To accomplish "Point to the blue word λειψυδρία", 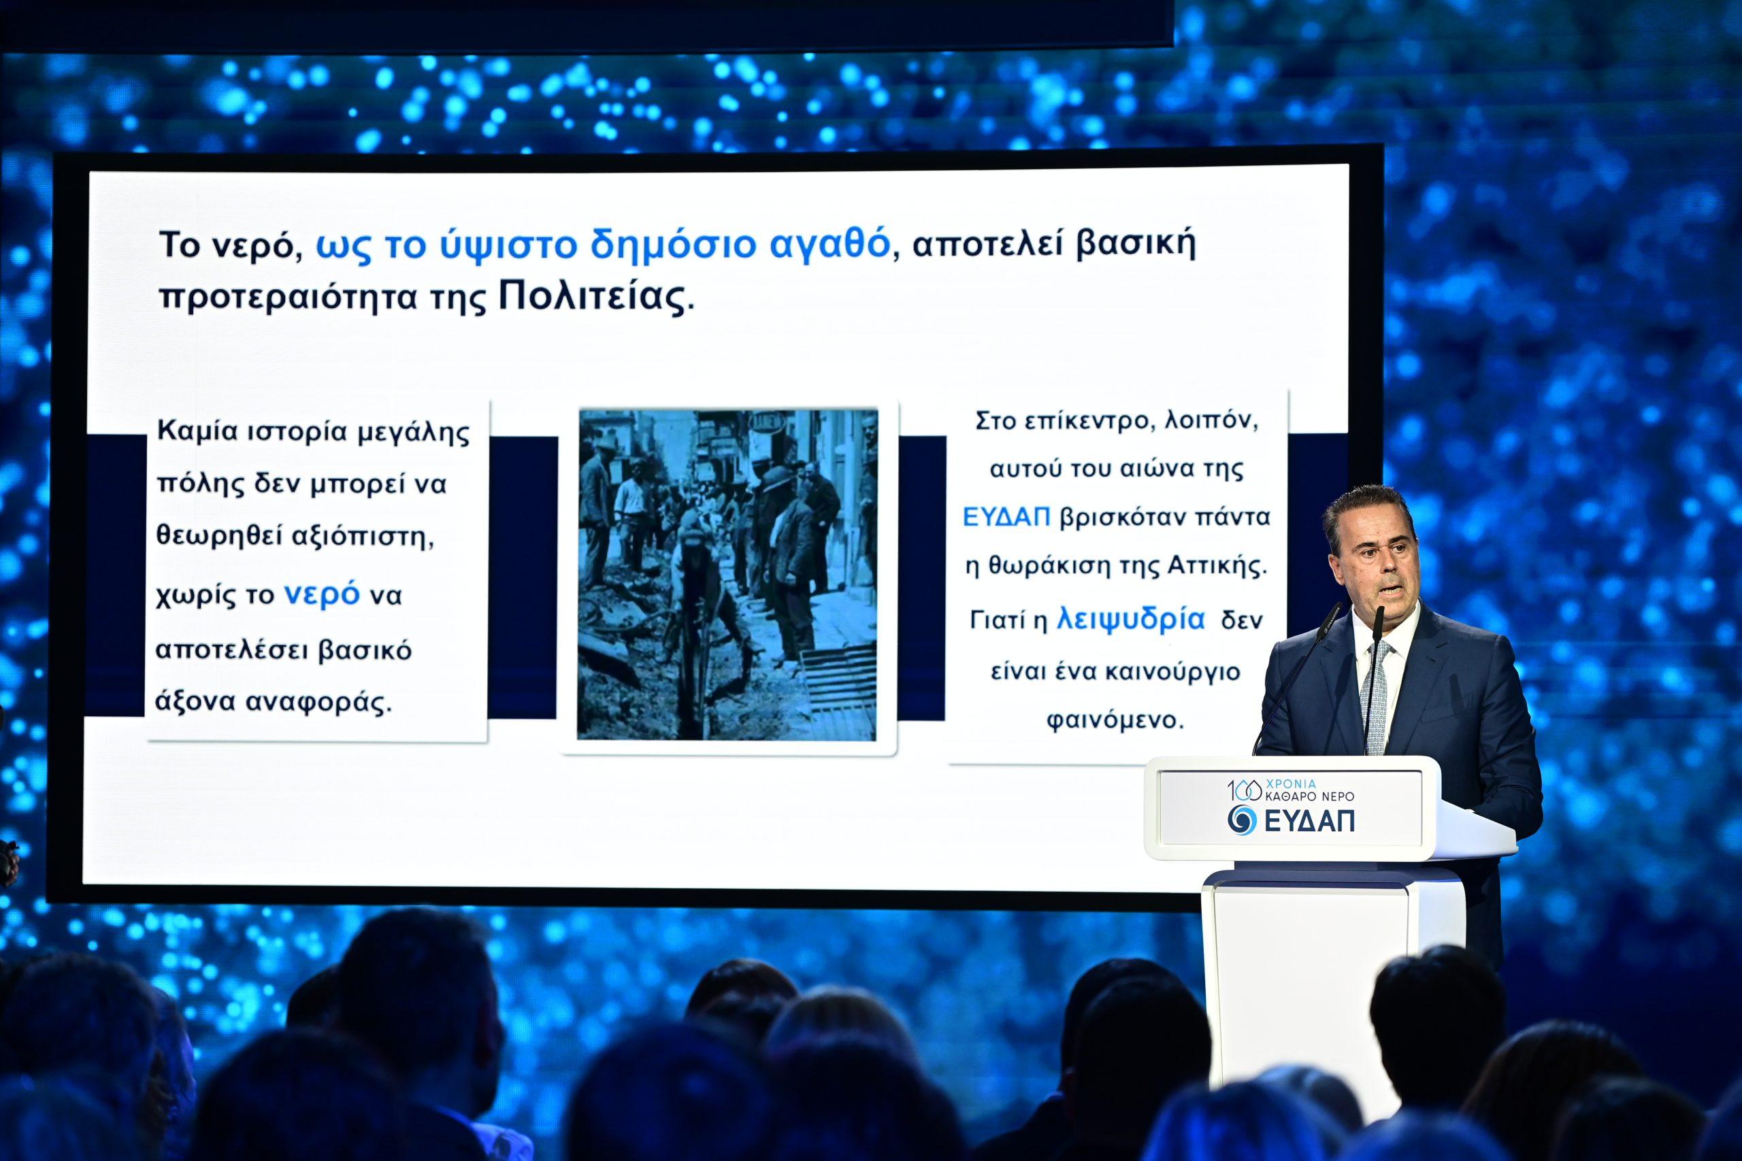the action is pos(1131,619).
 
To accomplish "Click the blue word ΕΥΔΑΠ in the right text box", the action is pos(1006,517).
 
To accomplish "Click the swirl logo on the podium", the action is pos(1242,819).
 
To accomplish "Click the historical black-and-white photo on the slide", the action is pos(727,574).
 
